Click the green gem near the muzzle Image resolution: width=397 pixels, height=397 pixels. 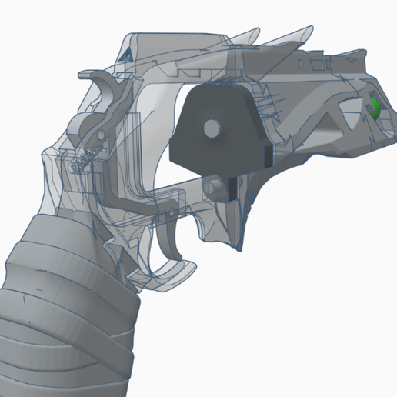pos(375,108)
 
